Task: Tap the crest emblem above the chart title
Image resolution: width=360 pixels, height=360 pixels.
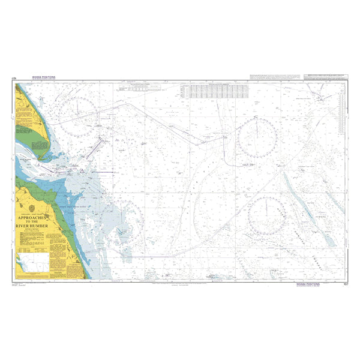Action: (x=37, y=210)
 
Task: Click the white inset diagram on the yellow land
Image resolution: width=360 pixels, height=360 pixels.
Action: (x=33, y=245)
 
